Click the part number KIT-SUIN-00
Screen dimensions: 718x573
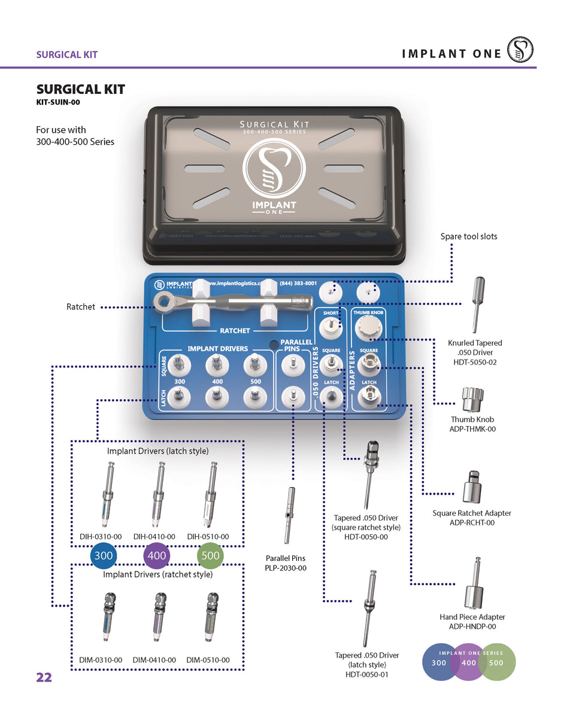click(x=58, y=102)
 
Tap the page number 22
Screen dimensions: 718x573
click(x=44, y=677)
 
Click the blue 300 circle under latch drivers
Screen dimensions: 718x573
click(x=104, y=556)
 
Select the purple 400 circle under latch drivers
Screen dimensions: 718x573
click(x=157, y=556)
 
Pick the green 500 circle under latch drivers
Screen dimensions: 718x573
click(x=211, y=556)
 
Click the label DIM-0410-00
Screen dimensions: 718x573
click(x=154, y=660)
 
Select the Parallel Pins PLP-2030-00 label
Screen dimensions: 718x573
click(x=286, y=563)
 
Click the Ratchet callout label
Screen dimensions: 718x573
click(x=80, y=307)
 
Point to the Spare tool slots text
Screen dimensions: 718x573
click(x=468, y=236)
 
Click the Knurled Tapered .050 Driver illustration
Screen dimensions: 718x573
click(x=478, y=304)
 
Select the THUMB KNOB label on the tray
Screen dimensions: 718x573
click(x=369, y=313)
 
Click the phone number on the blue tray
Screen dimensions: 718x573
click(x=298, y=283)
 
